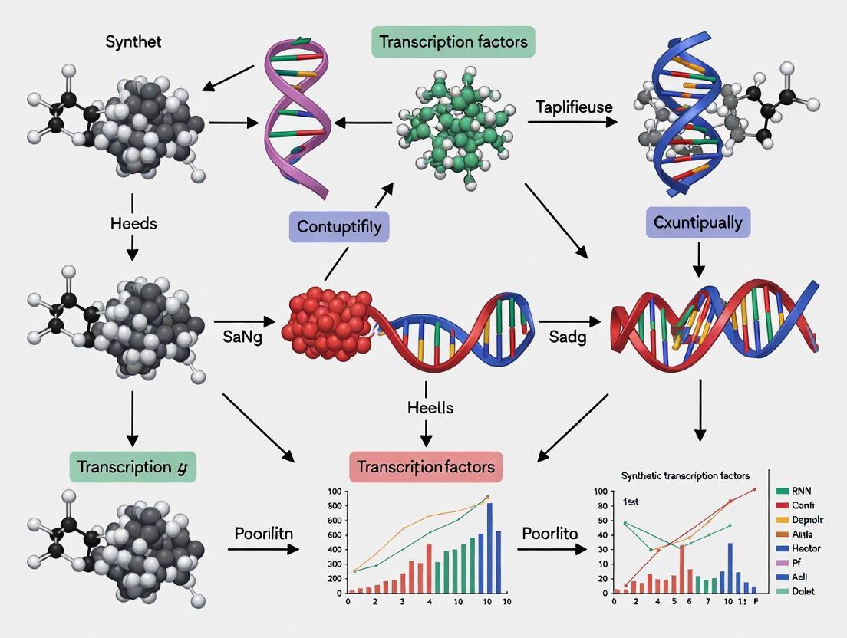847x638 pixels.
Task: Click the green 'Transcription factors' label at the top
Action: [x=453, y=41]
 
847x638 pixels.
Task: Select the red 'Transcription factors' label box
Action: [x=426, y=466]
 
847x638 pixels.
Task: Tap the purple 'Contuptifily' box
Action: [x=339, y=227]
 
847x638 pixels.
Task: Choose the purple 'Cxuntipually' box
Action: [x=698, y=223]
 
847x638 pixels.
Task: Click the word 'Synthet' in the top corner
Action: [x=133, y=42]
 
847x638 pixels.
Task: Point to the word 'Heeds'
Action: [x=133, y=223]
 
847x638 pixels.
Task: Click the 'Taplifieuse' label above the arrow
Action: [x=574, y=107]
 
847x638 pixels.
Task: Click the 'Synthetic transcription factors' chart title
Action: [x=685, y=475]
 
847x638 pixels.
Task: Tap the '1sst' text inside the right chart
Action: [x=631, y=502]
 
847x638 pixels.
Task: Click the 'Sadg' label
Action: [x=569, y=337]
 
